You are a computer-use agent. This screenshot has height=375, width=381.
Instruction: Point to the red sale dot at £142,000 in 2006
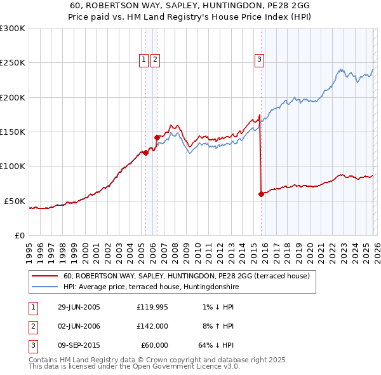[x=157, y=137]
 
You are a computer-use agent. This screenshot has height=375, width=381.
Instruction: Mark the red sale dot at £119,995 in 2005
[x=146, y=153]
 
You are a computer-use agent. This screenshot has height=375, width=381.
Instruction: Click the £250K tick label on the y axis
[x=13, y=63]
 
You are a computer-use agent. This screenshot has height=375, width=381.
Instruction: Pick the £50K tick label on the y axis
[x=15, y=201]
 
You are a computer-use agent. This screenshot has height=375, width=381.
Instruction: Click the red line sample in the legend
[x=45, y=276]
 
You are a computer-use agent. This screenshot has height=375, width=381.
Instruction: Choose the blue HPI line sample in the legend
[x=45, y=287]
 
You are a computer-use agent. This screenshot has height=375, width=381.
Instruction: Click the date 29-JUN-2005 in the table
[x=79, y=307]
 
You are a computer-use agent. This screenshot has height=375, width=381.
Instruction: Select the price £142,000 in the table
[x=152, y=326]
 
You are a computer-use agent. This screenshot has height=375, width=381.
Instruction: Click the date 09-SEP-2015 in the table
[x=79, y=345]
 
